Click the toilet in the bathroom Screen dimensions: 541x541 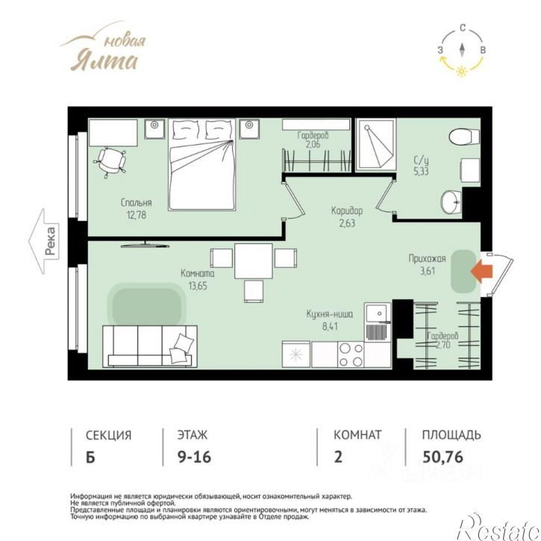(x=464, y=137)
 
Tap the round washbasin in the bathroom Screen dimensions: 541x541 (x=451, y=201)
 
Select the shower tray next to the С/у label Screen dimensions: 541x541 (x=376, y=145)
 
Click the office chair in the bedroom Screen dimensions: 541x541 (x=110, y=161)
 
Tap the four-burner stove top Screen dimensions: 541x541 (x=351, y=354)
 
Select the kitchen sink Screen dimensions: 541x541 (x=378, y=322)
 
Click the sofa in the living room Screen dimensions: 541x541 (x=150, y=346)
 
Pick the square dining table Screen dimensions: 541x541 (x=254, y=261)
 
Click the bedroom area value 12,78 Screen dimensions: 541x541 (x=137, y=216)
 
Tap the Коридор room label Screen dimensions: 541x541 (x=347, y=210)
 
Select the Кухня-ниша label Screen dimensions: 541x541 (x=330, y=314)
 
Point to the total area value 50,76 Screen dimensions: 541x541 (x=443, y=457)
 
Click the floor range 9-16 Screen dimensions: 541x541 (x=194, y=457)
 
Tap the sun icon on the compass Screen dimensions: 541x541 (x=461, y=72)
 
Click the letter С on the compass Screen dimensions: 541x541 (x=463, y=28)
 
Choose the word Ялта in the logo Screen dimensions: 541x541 (x=104, y=61)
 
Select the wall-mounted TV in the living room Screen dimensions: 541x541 (x=145, y=245)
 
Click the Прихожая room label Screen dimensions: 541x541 (x=427, y=258)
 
